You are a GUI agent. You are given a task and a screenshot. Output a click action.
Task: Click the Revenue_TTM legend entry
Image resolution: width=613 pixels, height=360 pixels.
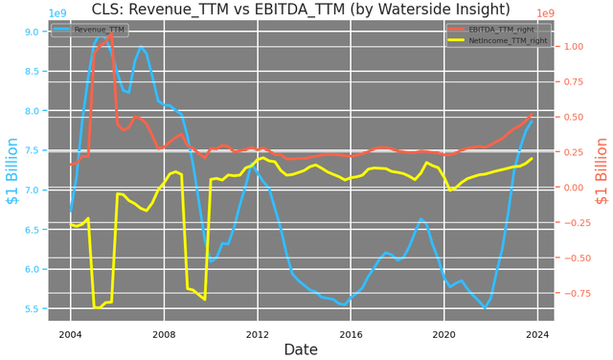tap(96, 30)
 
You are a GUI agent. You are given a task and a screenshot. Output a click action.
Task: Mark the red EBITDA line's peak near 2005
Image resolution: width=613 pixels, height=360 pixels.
tap(110, 34)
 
